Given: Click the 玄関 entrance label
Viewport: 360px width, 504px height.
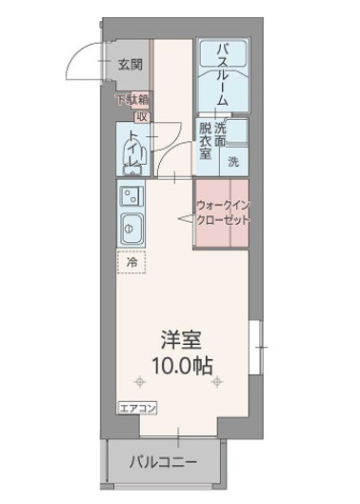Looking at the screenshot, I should [x=130, y=65].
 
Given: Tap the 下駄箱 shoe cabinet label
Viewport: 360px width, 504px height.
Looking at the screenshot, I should [x=130, y=98].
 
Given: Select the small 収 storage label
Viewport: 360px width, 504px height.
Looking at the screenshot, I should [x=141, y=116].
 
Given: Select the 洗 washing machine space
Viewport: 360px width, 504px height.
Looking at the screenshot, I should [x=233, y=161].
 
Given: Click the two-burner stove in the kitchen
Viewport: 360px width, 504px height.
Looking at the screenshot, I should [x=129, y=196].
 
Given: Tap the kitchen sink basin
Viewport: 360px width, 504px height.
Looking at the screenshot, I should [x=129, y=229].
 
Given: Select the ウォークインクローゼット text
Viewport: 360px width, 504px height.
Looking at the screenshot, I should [x=223, y=212].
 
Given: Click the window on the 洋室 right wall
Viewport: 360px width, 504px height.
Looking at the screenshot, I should [x=254, y=347].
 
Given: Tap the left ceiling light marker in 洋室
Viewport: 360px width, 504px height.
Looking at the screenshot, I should [x=141, y=383].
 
